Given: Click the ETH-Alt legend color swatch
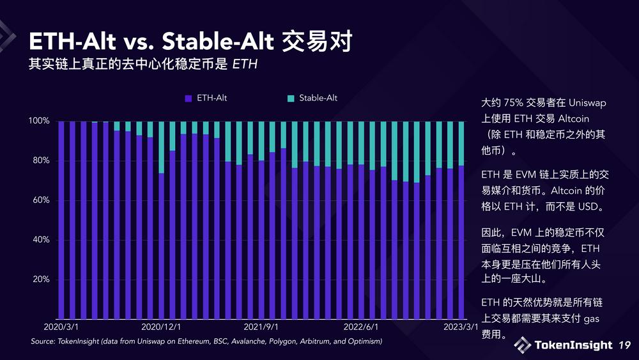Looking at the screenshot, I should click(x=189, y=98).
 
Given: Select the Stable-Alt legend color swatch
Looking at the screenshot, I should click(x=291, y=98).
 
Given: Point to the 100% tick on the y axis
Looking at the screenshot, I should click(x=40, y=121).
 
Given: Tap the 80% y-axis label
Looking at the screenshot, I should click(x=42, y=160).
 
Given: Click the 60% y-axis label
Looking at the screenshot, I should click(x=42, y=200).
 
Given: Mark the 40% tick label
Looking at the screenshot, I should click(x=42, y=240).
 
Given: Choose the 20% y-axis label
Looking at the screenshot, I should click(x=42, y=280).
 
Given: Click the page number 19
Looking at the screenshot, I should click(x=624, y=345).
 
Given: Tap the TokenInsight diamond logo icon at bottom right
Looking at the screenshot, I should click(x=522, y=345).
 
